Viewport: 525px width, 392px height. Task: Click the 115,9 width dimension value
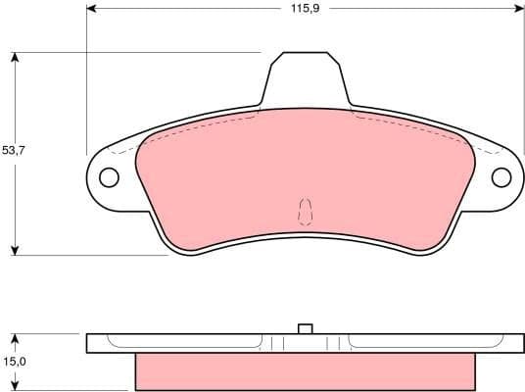pyautogui.click(x=300, y=9)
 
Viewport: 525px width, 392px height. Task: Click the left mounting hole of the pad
pyautogui.click(x=109, y=177)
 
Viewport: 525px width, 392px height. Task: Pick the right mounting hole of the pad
pyautogui.click(x=501, y=177)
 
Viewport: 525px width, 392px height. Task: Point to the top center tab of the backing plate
pyautogui.click(x=306, y=78)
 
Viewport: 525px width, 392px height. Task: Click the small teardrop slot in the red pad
pyautogui.click(x=305, y=211)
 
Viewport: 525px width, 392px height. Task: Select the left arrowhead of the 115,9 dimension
pyautogui.click(x=93, y=9)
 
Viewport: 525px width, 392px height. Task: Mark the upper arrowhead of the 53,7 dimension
pyautogui.click(x=15, y=58)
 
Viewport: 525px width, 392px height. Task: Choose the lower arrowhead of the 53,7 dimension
pyautogui.click(x=15, y=249)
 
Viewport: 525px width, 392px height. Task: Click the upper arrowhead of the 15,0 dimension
pyautogui.click(x=15, y=339)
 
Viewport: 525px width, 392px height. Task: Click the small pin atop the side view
pyautogui.click(x=305, y=328)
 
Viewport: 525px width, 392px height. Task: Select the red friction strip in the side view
pyautogui.click(x=305, y=370)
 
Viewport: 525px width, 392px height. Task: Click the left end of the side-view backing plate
pyautogui.click(x=91, y=343)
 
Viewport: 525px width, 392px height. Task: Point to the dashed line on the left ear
pyautogui.click(x=123, y=151)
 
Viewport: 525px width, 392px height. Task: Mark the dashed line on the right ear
pyautogui.click(x=487, y=151)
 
